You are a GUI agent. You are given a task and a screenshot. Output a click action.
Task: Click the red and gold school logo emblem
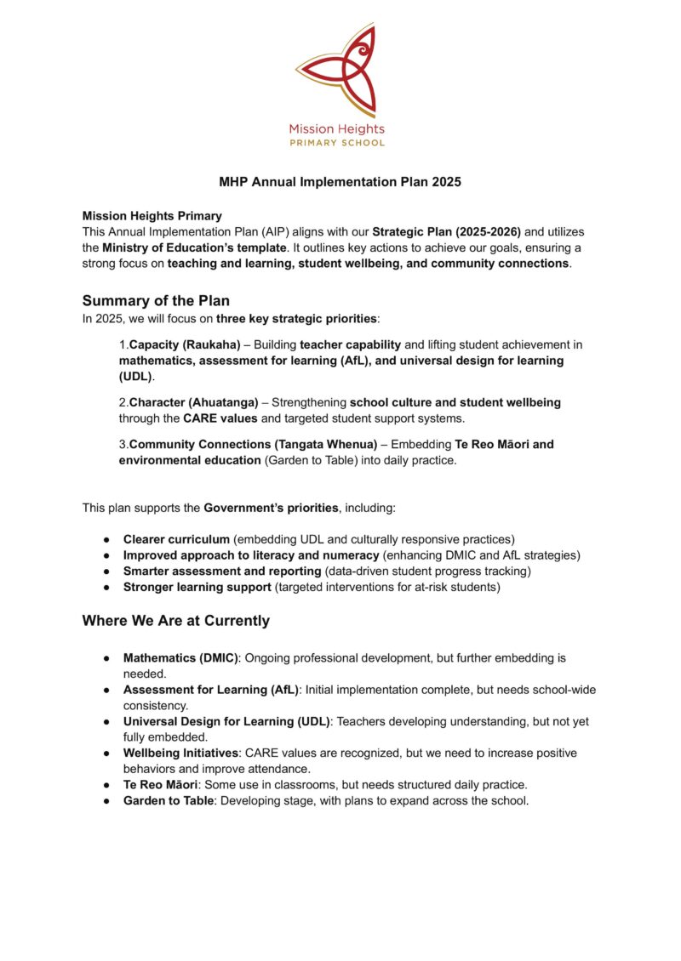[339, 71]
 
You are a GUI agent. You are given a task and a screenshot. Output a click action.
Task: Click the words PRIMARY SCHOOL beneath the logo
[337, 143]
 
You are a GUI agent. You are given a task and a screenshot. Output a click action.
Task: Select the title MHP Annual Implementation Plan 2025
[340, 182]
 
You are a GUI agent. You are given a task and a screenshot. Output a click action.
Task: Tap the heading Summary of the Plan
[156, 300]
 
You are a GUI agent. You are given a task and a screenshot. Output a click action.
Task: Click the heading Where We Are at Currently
[175, 621]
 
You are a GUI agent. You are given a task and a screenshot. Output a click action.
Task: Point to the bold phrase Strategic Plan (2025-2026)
[446, 231]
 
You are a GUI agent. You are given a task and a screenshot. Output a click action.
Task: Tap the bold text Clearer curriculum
[176, 539]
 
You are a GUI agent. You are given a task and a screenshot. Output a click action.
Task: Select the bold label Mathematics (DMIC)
[180, 658]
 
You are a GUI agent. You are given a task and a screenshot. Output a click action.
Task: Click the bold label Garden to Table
[169, 800]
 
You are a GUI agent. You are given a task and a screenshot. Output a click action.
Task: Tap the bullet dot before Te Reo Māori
[106, 785]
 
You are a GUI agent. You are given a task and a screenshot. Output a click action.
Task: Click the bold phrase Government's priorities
[271, 508]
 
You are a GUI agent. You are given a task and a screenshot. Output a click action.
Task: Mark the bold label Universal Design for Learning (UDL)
[227, 721]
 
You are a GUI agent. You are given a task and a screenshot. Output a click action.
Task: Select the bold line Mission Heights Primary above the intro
[152, 216]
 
